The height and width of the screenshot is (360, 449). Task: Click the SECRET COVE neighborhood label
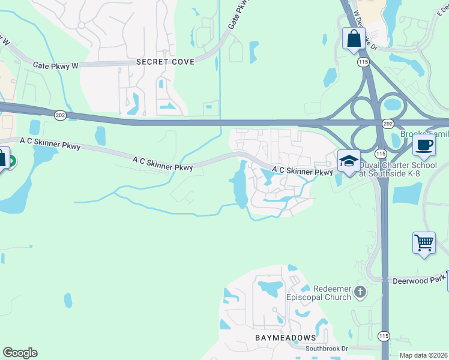165,62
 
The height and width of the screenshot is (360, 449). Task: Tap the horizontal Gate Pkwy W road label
56,65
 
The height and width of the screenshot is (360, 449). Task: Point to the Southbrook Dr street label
327,349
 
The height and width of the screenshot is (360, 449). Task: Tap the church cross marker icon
360,292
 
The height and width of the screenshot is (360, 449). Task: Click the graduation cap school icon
349,161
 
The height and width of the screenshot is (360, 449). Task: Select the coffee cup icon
424,145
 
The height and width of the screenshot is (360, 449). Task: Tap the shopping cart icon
424,242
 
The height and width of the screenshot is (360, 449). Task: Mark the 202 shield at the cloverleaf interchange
388,123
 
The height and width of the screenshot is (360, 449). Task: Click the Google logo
20,353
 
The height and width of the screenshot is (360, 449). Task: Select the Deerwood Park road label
420,280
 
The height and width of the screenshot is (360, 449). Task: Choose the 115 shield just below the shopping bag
362,62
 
